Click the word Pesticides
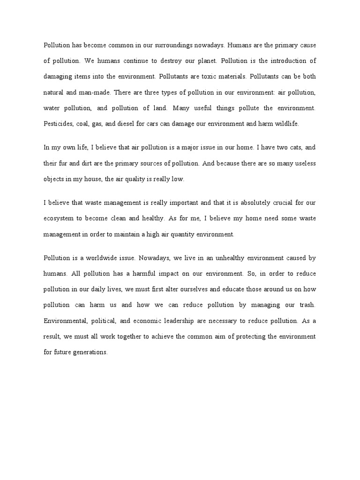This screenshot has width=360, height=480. tap(58, 124)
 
